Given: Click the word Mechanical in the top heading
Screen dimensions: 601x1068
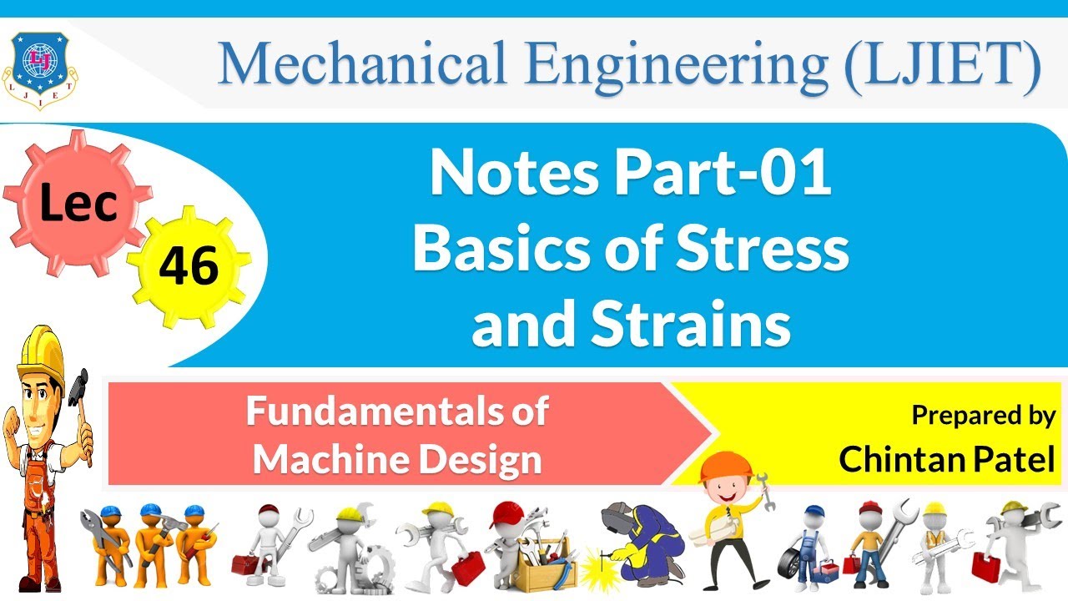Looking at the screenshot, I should coord(350,65).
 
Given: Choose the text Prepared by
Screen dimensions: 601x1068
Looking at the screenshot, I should coord(983,415).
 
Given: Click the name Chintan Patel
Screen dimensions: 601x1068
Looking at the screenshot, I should coord(947,458).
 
